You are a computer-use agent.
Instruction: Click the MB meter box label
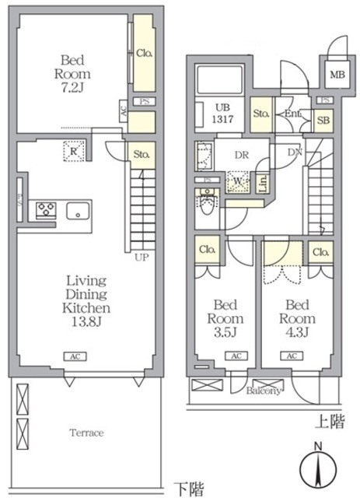336,75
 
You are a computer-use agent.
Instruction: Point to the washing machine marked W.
236,182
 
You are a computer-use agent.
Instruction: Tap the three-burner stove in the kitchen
44,210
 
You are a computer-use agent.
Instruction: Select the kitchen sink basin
79,211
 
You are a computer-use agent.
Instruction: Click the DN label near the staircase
295,153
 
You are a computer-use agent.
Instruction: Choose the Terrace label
87,433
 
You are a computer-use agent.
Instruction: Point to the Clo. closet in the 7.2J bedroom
144,54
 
